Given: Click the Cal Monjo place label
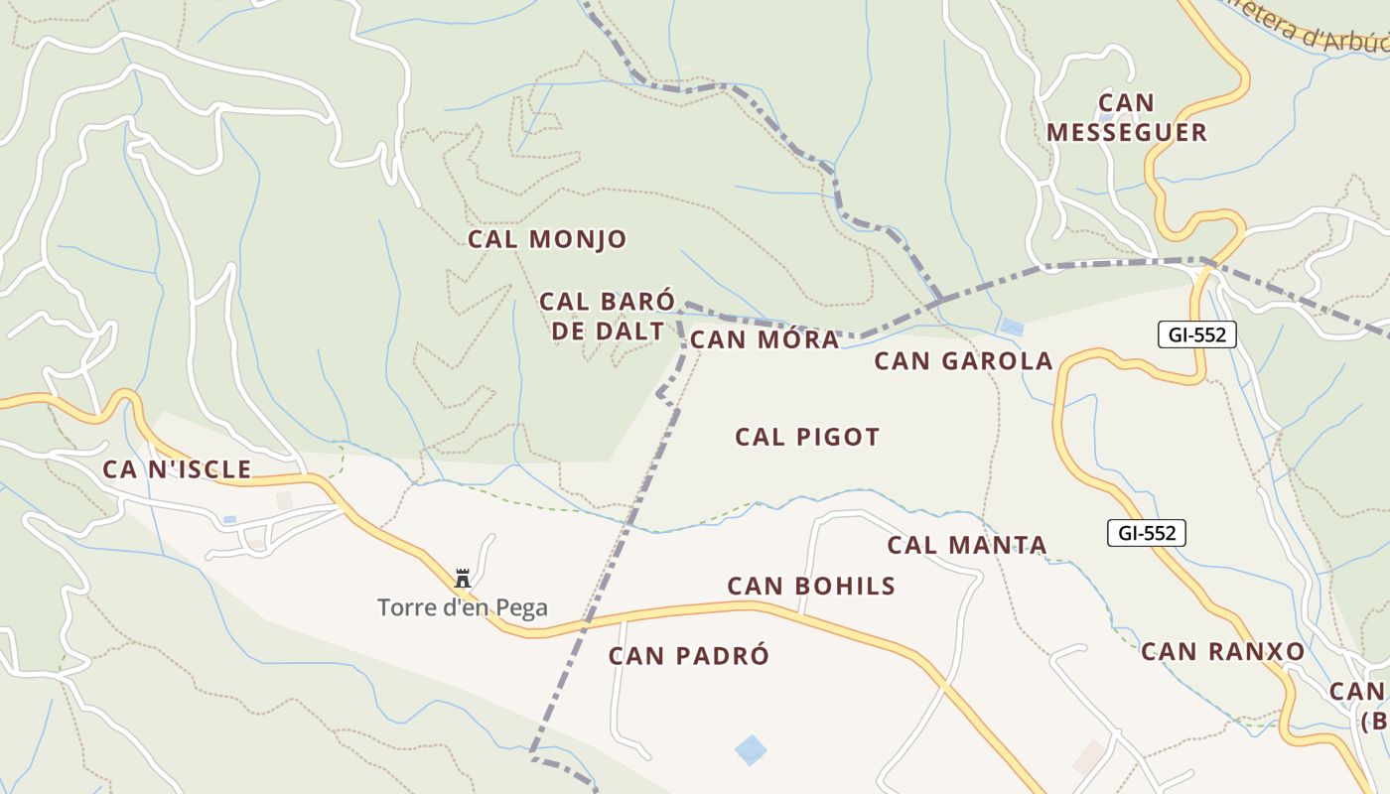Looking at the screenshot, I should point(547,239).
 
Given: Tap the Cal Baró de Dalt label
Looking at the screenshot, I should point(607,316).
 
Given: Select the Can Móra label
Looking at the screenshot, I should point(764,339).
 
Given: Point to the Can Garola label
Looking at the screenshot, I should point(963,360).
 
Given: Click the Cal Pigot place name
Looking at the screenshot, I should point(807,437).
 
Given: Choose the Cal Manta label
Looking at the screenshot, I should point(967,545).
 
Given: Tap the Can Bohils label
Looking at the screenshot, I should point(811,586).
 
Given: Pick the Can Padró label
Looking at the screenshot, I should point(689,656).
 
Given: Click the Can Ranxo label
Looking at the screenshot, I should point(1222,651).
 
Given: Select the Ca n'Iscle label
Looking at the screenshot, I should point(177,469).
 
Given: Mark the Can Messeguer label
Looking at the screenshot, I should point(1127,117).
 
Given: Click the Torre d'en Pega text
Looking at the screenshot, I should point(463,607).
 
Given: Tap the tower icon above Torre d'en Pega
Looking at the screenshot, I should point(463,578).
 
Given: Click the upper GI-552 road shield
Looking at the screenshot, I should point(1196,334).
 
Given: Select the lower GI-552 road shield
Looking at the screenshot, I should point(1147,533).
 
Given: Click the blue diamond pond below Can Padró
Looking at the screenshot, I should point(752,749).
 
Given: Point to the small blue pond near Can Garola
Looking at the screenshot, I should point(1012,327).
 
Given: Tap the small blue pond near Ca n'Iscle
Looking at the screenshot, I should point(230,519).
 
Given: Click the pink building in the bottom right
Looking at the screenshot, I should point(1089,756).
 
